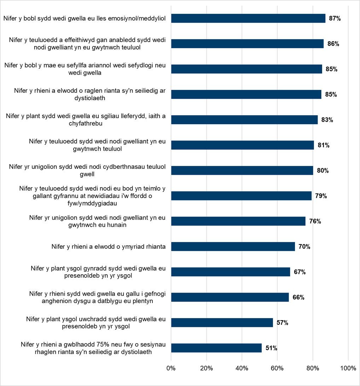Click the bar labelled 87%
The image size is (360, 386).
[x=248, y=18]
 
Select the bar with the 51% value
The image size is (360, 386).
[x=216, y=348]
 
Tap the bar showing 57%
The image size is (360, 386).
[x=222, y=323]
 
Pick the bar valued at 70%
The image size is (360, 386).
[x=233, y=247]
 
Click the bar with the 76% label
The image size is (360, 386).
[x=238, y=221]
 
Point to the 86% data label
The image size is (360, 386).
[x=333, y=44]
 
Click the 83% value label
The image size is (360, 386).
[x=327, y=120]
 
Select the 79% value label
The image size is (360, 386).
[x=321, y=196]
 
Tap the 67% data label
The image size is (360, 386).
[x=300, y=272]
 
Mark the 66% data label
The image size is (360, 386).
[x=298, y=297]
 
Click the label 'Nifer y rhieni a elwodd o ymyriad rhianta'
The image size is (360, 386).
[x=109, y=247]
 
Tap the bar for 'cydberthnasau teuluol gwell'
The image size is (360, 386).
[x=242, y=171]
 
